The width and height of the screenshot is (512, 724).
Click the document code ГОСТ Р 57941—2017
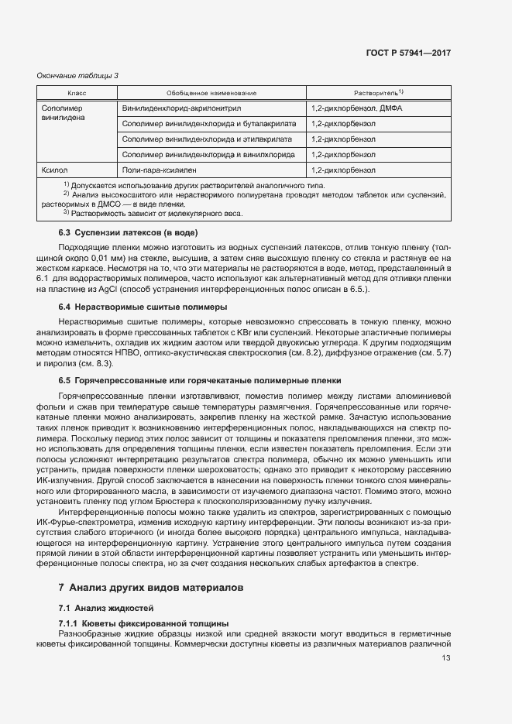408,53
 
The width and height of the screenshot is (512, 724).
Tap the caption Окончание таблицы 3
78,75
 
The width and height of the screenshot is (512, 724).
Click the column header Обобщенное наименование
211,93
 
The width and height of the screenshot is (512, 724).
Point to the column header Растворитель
379,93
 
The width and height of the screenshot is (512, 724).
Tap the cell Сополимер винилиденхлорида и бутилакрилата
208,124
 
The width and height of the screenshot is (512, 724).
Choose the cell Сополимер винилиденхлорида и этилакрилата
207,139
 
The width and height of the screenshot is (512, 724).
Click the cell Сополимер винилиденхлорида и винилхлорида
208,155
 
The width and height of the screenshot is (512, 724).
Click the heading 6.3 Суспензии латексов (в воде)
128,233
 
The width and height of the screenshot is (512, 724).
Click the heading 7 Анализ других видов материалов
151,587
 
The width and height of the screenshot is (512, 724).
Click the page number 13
445,658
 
